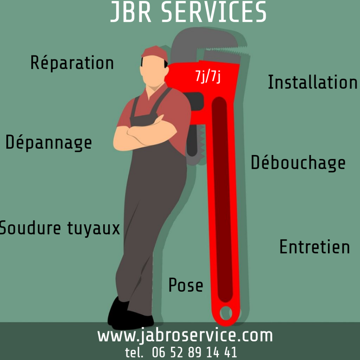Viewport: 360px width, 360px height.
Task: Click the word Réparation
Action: [x=72, y=63]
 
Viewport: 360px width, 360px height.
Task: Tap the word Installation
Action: [x=313, y=82]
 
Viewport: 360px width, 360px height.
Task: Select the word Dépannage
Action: [x=49, y=143]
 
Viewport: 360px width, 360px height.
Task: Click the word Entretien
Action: [x=315, y=247]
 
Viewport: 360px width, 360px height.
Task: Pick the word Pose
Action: [x=186, y=285]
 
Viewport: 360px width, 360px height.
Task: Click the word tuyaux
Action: [x=94, y=228]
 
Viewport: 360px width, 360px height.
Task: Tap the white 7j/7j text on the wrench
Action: [x=208, y=76]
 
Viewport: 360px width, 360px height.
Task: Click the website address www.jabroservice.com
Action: [x=185, y=335]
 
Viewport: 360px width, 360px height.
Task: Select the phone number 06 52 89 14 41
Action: [x=194, y=352]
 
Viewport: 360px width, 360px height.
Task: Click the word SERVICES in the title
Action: [x=214, y=12]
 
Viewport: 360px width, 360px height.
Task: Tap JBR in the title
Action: [x=131, y=12]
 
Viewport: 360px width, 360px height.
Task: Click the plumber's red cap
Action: [x=155, y=53]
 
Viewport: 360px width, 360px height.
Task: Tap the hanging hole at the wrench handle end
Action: [x=226, y=313]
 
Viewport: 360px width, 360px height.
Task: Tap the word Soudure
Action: [x=30, y=228]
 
